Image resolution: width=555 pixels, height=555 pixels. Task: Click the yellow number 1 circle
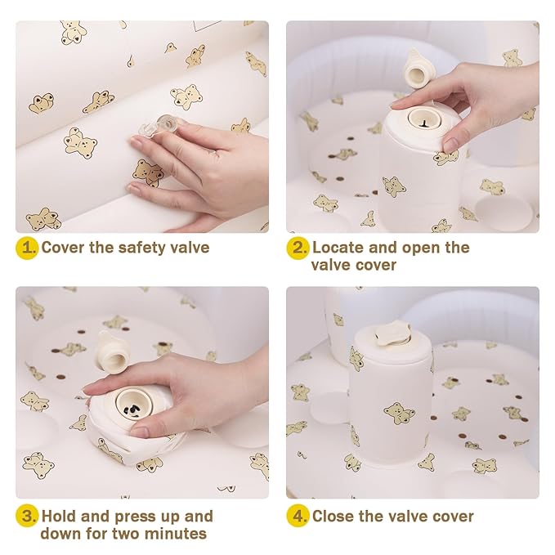(27, 248)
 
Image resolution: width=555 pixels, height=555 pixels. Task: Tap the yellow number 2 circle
(298, 248)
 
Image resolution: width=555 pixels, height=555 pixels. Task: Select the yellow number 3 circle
(27, 516)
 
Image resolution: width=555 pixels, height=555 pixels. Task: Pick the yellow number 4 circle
(298, 516)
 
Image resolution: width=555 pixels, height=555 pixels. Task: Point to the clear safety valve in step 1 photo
(160, 127)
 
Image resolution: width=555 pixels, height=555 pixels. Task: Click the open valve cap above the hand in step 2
(418, 69)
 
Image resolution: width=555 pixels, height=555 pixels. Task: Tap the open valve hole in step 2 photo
(423, 119)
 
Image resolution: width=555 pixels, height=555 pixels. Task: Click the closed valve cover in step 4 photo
(392, 333)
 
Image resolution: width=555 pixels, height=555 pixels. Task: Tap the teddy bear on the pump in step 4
(399, 413)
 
